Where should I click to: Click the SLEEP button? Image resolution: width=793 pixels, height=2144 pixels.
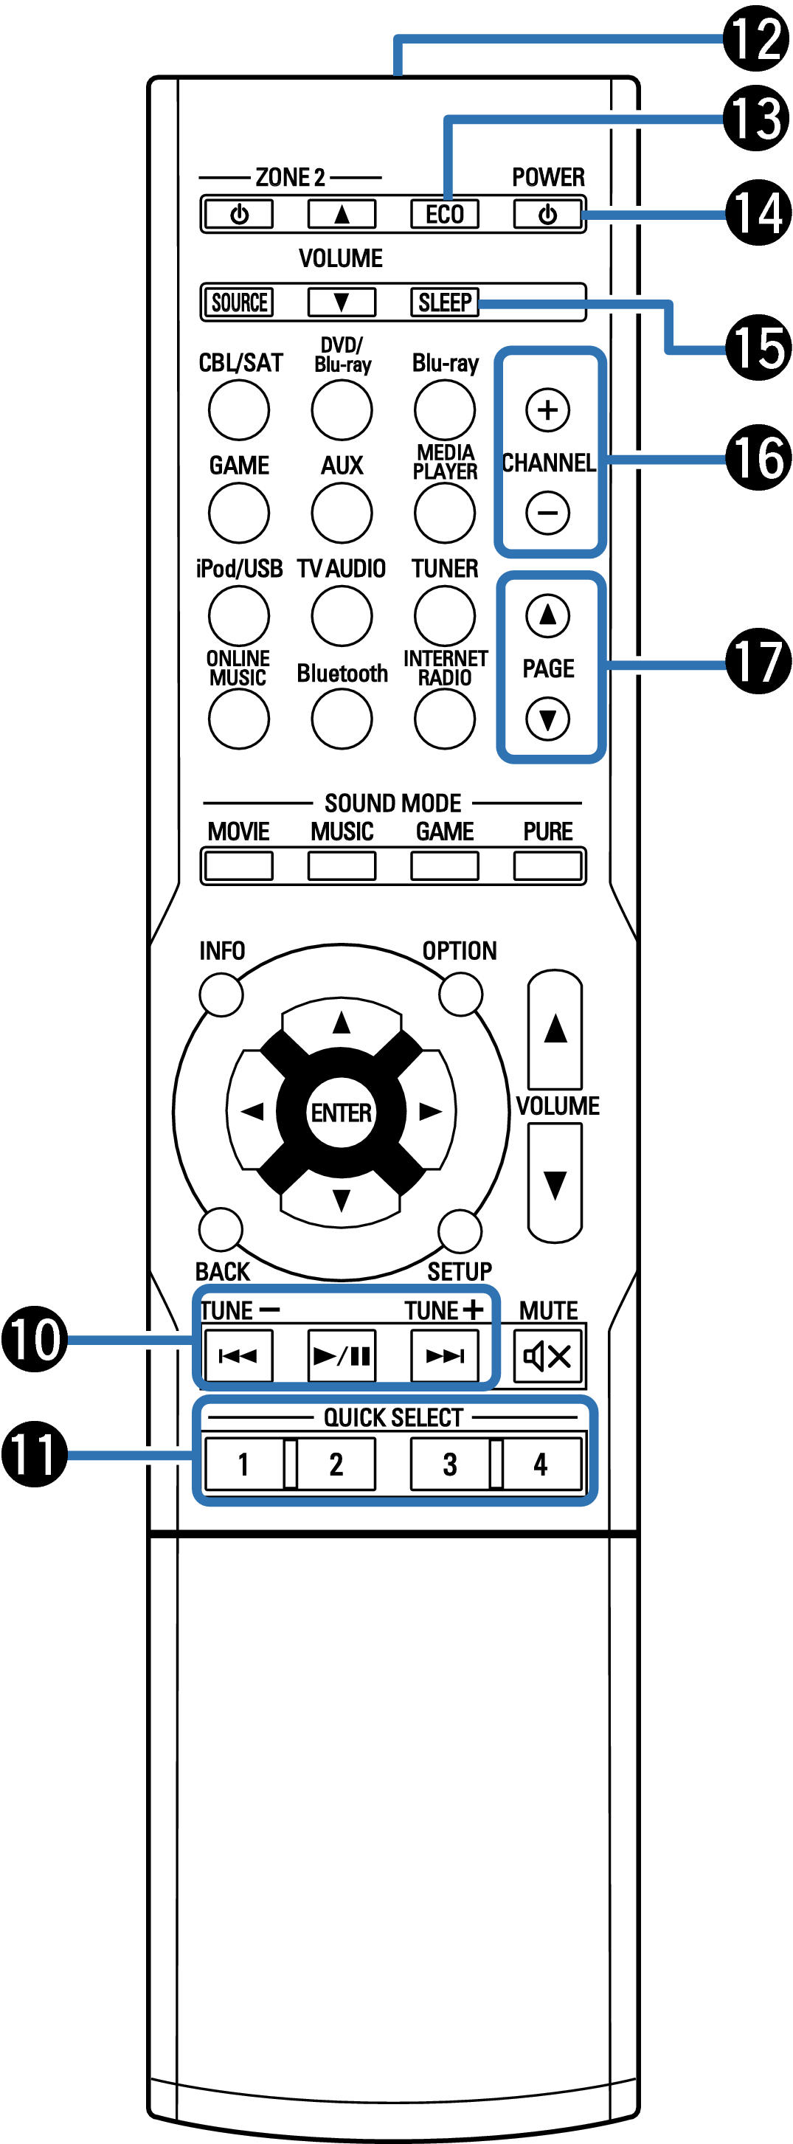pos(444,302)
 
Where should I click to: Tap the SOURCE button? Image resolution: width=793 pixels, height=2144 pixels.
pos(239,302)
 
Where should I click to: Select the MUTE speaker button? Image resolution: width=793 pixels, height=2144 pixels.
pos(547,1356)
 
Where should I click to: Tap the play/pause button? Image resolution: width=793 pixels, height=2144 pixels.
pos(341,1356)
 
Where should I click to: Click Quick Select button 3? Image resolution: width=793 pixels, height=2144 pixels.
pos(449,1464)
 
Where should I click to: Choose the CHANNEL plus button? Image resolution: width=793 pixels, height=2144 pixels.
pos(547,409)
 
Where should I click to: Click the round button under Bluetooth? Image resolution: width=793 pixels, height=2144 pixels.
pos(341,719)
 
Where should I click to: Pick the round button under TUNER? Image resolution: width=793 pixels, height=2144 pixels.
pos(444,615)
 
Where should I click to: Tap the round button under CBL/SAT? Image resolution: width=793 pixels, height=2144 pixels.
pos(239,409)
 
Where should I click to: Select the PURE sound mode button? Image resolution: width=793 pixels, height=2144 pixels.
pos(547,865)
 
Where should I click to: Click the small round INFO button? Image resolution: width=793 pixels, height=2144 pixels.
pos(221,994)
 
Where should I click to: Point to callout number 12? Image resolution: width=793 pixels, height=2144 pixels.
pos(755,38)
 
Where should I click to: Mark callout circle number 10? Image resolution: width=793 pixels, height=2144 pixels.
pos(34,1338)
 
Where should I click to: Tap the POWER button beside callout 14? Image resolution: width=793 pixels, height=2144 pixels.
pos(547,215)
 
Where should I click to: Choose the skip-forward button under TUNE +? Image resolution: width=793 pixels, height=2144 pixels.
pos(444,1356)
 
